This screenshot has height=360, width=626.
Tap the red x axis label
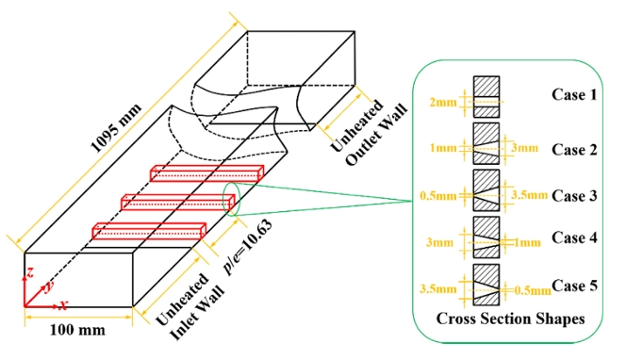coord(63,304)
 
